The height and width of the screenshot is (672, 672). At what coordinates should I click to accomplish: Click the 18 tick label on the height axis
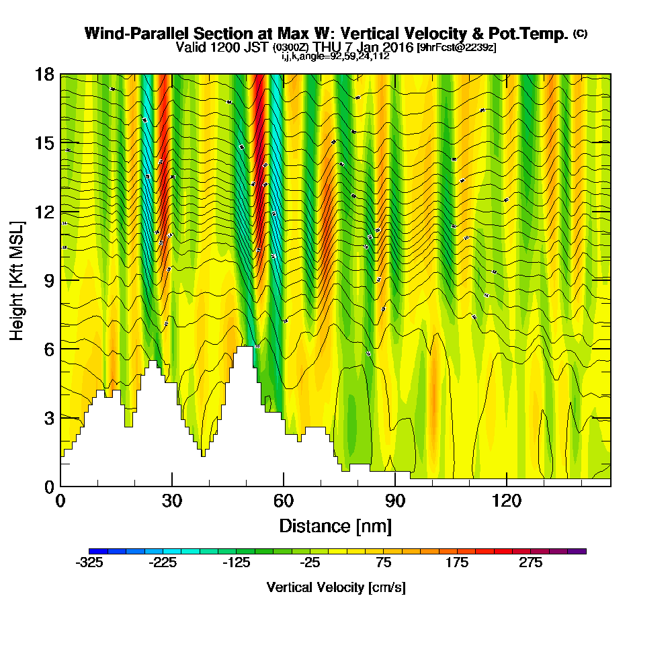coord(44,74)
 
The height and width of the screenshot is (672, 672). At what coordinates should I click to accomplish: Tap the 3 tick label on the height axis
coord(48,417)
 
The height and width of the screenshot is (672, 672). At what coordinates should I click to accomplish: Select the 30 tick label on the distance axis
coord(172,501)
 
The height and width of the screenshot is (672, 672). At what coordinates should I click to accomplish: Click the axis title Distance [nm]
coord(335,526)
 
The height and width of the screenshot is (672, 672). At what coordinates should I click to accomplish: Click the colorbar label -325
coord(90,563)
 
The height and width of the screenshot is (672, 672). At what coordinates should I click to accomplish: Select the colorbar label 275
coord(531,563)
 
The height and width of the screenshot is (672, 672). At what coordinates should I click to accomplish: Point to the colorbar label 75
coord(384,563)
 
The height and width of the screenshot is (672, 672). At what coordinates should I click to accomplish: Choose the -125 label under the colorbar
coord(237,563)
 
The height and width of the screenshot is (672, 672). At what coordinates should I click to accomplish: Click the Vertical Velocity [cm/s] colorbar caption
coord(336,587)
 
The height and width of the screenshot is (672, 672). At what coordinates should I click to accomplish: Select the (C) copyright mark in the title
coord(581,33)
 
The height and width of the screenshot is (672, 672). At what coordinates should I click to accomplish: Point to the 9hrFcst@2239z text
coord(457,48)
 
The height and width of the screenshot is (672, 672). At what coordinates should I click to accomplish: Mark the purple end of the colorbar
coord(581,550)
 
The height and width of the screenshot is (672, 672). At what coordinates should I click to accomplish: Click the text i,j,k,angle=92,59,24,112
coord(335,56)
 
